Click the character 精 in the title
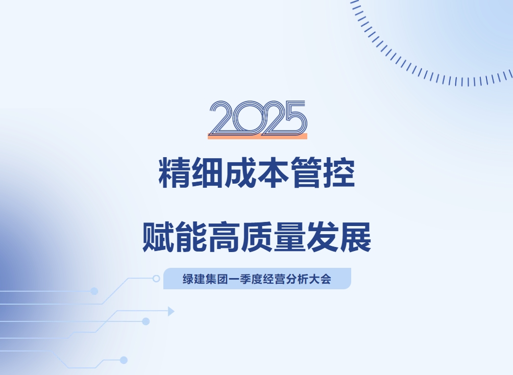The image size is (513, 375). (x=175, y=172)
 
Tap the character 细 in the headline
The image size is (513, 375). (x=207, y=172)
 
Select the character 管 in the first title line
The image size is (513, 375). (x=306, y=172)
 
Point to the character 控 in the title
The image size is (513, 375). (x=339, y=172)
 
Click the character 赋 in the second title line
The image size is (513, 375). (x=158, y=237)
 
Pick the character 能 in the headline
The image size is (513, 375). (x=191, y=237)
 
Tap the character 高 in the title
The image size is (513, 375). (x=224, y=237)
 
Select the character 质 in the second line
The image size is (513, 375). (x=257, y=237)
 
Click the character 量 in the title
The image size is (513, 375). (x=289, y=237)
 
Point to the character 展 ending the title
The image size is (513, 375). (x=355, y=237)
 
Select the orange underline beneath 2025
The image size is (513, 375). (x=257, y=136)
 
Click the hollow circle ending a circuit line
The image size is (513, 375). (x=156, y=279)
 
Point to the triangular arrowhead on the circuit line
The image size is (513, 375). (x=171, y=312)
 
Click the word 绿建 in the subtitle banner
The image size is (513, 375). (x=193, y=279)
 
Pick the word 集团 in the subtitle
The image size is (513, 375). (x=217, y=279)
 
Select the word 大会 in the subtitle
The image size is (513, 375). (x=321, y=279)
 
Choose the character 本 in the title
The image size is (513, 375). (x=273, y=172)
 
